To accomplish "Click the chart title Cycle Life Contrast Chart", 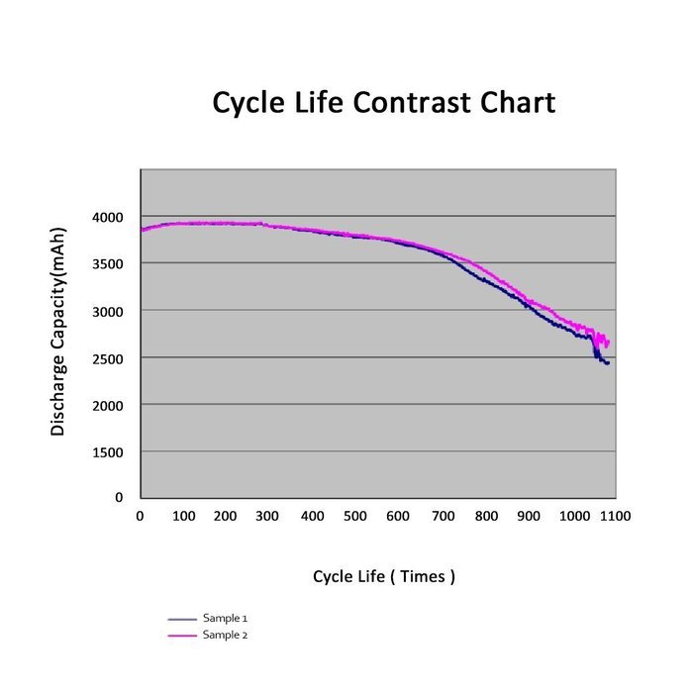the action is point(384,103).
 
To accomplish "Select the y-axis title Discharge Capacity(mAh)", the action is point(57,332).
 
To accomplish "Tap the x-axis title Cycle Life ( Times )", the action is point(384,576).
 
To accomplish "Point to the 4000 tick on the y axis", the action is point(107,217).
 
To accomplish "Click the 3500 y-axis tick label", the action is point(107,264).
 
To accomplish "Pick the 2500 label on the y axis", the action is point(107,358).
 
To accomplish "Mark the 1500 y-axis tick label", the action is point(107,452).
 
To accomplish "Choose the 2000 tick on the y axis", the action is point(107,405).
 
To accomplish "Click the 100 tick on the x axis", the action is point(183,516).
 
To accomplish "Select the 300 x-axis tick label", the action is point(267,516).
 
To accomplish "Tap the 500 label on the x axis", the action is point(354,516).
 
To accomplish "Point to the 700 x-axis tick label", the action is point(443,516).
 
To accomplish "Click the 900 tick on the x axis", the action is point(529,516).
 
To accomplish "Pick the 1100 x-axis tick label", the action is point(615,516).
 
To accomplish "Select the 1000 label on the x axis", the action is point(574,516).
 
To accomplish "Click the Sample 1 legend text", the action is point(225,618).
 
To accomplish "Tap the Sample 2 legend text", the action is point(225,635).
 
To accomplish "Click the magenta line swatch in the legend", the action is point(182,636).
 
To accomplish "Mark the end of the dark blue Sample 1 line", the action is point(609,363).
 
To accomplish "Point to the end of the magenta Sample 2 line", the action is point(609,343).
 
